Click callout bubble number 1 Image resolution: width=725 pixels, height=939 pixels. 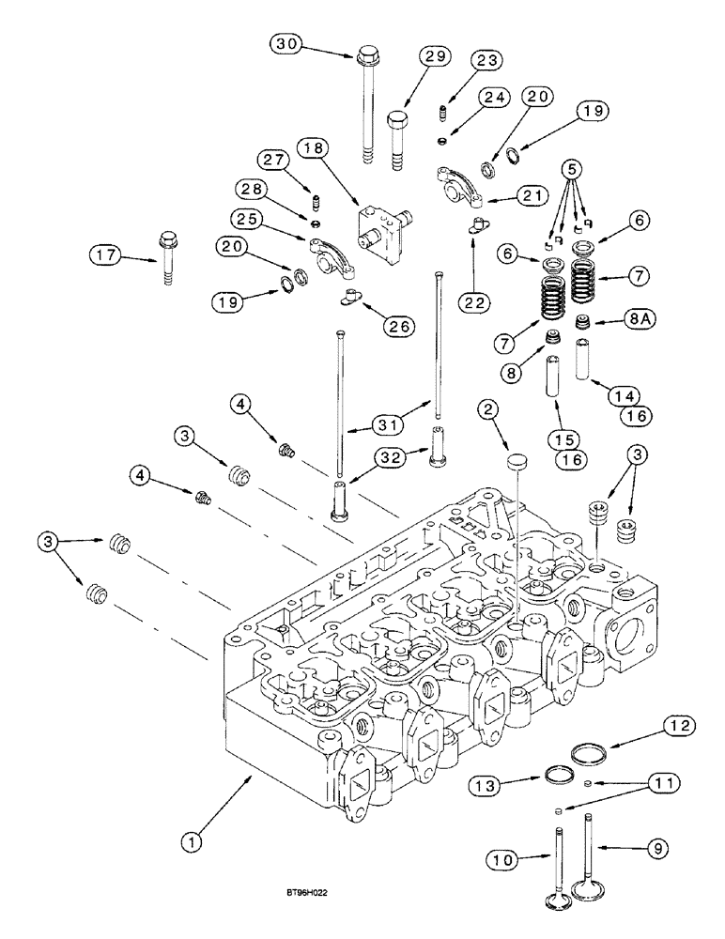(x=193, y=843)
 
